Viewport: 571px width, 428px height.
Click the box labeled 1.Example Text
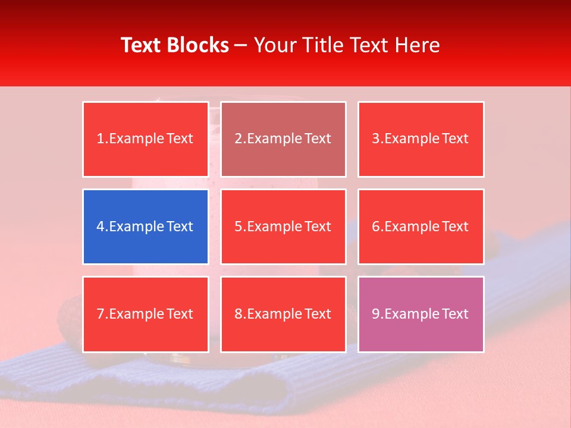point(145,139)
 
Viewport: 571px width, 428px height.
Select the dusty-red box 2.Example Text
point(283,139)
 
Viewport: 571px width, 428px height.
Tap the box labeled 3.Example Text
point(421,139)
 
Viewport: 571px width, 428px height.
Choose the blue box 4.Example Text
point(145,226)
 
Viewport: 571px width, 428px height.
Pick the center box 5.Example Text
point(283,226)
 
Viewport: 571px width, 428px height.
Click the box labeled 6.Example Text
point(421,226)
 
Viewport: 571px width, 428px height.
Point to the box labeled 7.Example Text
point(145,314)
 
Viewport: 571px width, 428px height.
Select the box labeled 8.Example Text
point(283,314)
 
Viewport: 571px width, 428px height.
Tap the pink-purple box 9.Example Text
point(421,314)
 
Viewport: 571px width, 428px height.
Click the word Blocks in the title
point(197,45)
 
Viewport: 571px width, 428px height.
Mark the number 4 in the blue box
point(101,226)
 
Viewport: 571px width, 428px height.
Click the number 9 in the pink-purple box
point(375,314)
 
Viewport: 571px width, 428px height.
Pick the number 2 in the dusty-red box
point(238,139)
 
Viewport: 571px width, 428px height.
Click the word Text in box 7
point(180,314)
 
